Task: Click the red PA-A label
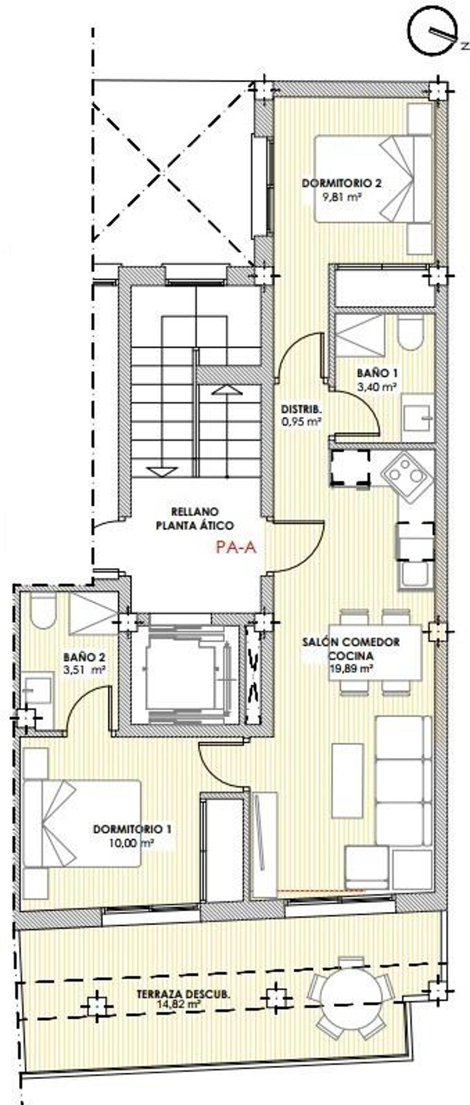[x=236, y=547]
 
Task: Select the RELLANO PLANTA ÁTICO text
[x=195, y=519]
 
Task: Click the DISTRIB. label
[x=302, y=409]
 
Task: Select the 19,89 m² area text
[x=351, y=668]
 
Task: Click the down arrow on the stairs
[x=162, y=472]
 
